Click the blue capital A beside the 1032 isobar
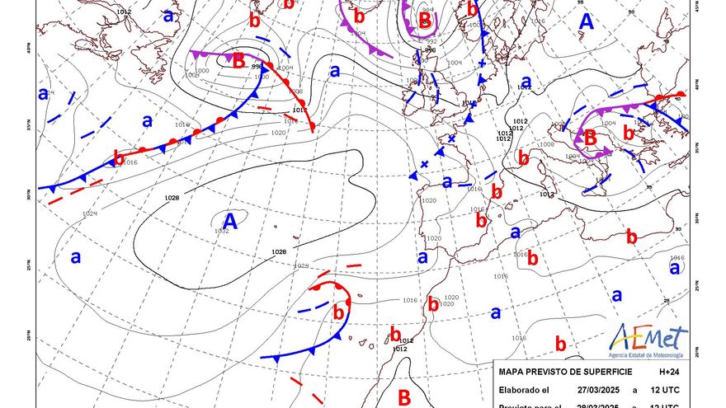click(230, 220)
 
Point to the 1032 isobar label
click(221, 232)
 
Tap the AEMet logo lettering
click(648, 339)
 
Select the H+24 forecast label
click(681, 372)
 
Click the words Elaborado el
click(525, 390)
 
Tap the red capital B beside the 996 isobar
click(238, 60)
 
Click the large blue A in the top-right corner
click(586, 22)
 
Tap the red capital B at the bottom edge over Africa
click(404, 397)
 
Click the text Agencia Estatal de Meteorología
click(648, 354)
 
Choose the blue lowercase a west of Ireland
click(334, 71)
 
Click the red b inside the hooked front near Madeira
click(337, 312)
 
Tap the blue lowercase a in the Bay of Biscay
click(446, 181)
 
